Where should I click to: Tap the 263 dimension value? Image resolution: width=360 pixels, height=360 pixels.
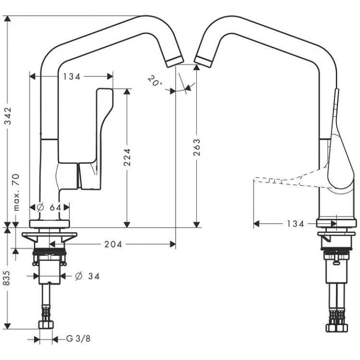(196, 148)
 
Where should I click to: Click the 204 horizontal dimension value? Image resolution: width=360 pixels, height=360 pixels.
(113, 244)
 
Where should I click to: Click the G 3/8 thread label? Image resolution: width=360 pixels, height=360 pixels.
(78, 339)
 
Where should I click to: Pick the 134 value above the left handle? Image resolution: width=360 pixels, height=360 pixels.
(71, 76)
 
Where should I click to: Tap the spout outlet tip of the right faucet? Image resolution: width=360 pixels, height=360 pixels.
(202, 60)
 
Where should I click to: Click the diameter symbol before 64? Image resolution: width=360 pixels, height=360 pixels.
(40, 207)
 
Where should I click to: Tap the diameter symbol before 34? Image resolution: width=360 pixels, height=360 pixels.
(79, 276)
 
